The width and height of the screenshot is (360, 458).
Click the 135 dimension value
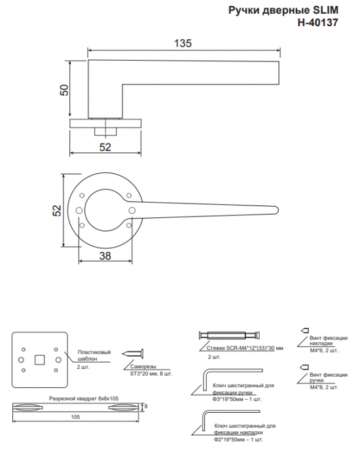(183, 43)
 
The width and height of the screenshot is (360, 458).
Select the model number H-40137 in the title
(318, 22)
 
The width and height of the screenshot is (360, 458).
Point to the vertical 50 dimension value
(64, 90)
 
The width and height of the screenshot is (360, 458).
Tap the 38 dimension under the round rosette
(105, 256)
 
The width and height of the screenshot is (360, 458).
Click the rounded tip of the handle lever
(276, 210)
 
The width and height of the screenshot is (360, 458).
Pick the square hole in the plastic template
(39, 360)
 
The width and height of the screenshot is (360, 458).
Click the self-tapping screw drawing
(134, 354)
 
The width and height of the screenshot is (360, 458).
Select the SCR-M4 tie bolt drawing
(229, 335)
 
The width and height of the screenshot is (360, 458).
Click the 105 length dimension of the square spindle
(75, 417)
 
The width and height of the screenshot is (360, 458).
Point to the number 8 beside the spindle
(146, 406)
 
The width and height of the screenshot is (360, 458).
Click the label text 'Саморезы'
(143, 366)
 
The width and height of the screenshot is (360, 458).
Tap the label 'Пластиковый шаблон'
(94, 355)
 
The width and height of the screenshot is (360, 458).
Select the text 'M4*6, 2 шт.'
(324, 350)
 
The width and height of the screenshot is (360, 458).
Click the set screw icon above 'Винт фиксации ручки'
(304, 367)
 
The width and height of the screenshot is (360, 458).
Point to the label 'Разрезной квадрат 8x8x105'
(84, 398)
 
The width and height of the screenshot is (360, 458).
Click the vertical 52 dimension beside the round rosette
(58, 210)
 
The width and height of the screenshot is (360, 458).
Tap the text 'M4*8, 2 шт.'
(324, 387)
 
